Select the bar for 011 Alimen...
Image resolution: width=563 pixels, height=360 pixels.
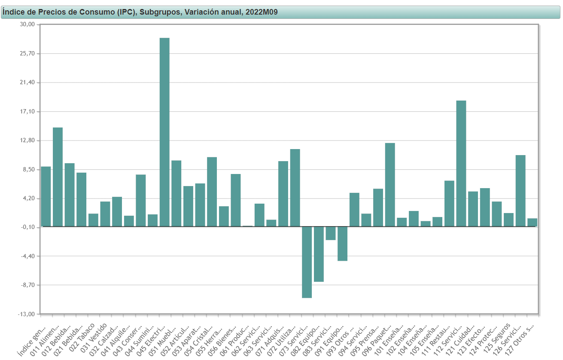58,177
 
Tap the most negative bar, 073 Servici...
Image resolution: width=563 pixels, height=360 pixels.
307,262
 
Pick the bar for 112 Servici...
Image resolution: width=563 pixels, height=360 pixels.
461,163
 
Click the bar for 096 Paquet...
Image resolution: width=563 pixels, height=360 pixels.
390,185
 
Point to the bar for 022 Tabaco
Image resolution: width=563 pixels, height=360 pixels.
93,220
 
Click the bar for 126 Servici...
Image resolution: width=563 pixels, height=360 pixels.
520,191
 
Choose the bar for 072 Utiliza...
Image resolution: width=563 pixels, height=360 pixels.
295,188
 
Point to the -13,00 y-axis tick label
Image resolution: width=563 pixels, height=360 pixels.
27,314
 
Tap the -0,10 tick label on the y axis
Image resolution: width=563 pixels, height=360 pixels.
27,227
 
